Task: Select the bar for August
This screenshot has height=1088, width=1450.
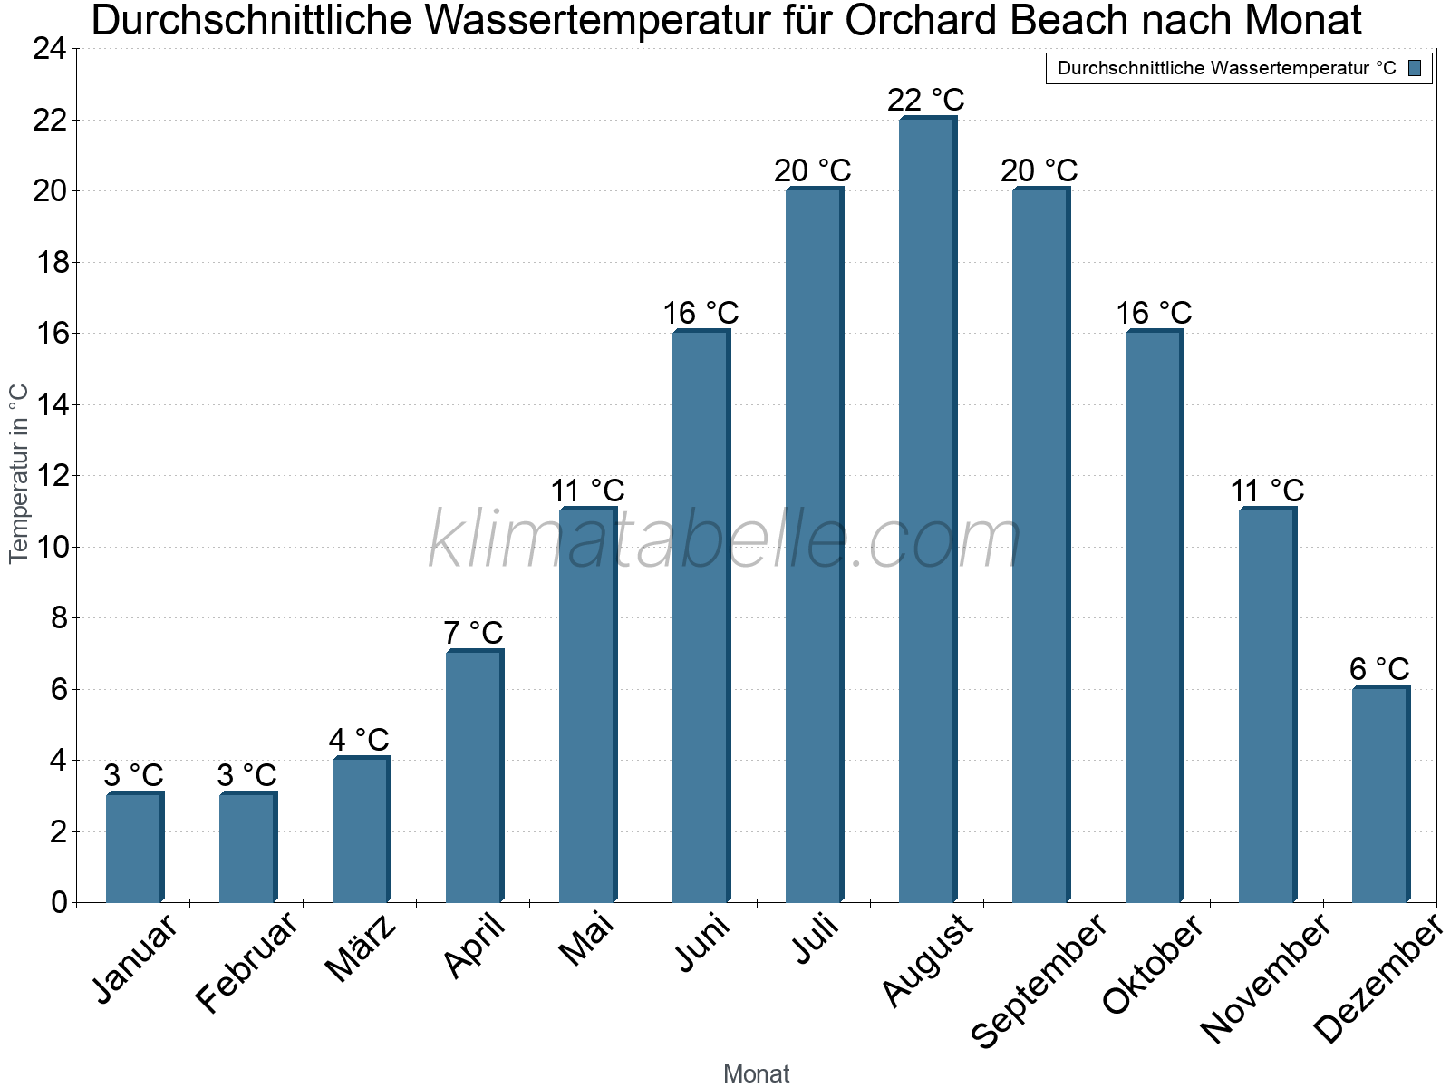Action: tap(927, 510)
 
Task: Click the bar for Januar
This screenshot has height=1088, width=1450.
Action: tap(134, 848)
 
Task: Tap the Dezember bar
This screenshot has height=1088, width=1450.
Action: tap(1380, 794)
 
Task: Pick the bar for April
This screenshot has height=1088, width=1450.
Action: tap(474, 776)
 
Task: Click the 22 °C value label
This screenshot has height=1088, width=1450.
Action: tap(926, 99)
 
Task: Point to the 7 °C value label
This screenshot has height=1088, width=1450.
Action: tap(473, 632)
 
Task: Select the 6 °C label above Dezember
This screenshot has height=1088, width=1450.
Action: tap(1379, 669)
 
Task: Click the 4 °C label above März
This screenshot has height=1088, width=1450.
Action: tap(360, 739)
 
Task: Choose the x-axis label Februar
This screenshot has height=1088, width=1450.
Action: tap(246, 963)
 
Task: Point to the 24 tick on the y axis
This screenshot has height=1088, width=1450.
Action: tap(49, 49)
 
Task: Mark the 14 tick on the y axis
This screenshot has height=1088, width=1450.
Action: tap(49, 404)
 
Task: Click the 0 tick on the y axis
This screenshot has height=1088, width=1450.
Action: tap(60, 902)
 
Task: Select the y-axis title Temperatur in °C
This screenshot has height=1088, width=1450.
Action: tap(19, 473)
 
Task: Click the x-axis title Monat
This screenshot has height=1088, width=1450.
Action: tap(757, 1073)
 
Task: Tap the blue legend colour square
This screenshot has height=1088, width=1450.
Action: tap(1416, 68)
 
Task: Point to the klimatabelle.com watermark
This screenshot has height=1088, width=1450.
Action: tap(725, 540)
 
